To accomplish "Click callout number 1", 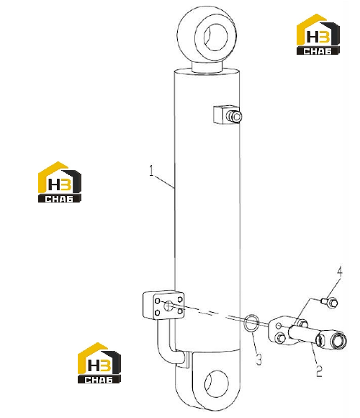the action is (x=151, y=171).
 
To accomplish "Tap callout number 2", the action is (x=319, y=371).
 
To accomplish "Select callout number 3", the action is (x=258, y=359).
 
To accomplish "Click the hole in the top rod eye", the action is (x=216, y=37).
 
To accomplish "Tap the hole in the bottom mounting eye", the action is (x=217, y=383).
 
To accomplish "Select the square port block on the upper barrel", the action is (x=221, y=115).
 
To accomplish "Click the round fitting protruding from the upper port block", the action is (x=234, y=117).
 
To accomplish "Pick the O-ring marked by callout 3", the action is (x=251, y=323).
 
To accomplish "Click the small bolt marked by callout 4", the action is (x=330, y=303).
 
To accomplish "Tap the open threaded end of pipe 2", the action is (x=338, y=339).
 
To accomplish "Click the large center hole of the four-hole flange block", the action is (x=168, y=306).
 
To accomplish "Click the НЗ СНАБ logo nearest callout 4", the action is (x=318, y=35).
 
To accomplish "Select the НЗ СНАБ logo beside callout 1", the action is (x=59, y=182).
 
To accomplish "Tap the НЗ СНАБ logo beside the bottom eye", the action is (x=99, y=363).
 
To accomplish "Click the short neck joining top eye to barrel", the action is (x=207, y=66).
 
